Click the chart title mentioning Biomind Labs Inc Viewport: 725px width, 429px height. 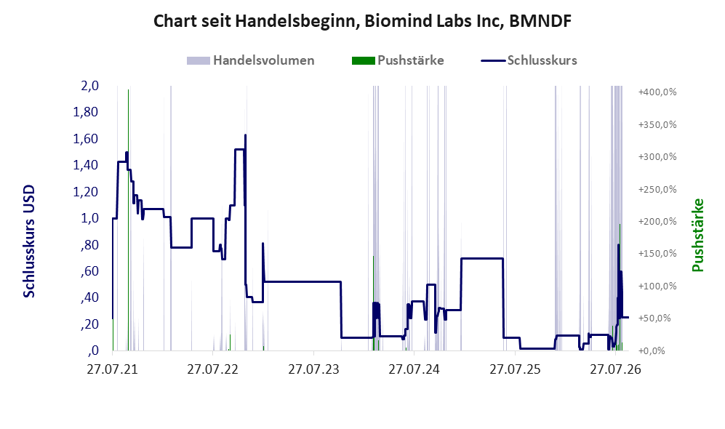coord(362,21)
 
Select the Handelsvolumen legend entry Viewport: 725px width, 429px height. coord(251,60)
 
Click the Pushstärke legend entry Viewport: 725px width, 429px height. coord(398,60)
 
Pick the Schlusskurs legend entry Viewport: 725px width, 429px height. coord(529,60)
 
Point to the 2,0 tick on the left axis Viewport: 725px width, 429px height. coord(89,86)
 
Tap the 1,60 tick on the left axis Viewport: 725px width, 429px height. coord(86,139)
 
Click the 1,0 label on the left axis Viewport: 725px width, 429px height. coord(89,218)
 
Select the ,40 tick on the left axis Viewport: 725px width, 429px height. coord(89,297)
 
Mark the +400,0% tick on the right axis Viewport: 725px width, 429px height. coord(657,92)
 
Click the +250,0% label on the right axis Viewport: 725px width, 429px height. coord(657,189)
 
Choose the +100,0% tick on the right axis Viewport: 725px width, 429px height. coord(657,286)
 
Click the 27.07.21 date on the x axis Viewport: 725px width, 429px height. coord(113,370)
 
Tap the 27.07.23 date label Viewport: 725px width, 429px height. coord(313,370)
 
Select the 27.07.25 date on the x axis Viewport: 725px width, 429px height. coord(515,370)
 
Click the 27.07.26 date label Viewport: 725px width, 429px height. coord(615,370)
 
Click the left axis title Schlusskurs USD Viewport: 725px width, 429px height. coord(29,241)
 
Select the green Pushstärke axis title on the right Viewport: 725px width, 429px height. coord(697,235)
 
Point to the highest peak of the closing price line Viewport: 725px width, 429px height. coord(245,135)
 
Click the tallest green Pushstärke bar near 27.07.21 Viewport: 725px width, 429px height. coord(129,220)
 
